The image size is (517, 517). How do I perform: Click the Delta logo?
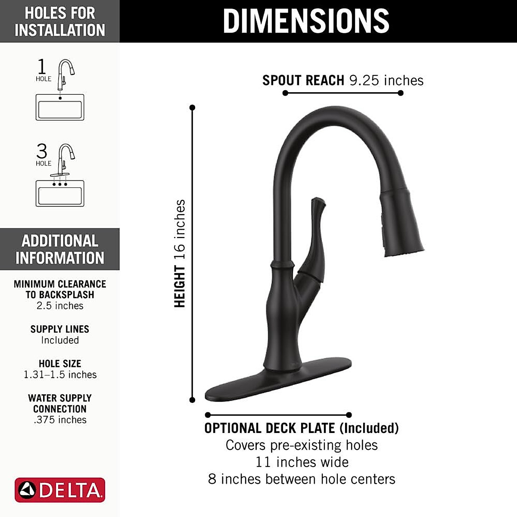click(60, 490)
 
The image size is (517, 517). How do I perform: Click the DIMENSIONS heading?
click(306, 21)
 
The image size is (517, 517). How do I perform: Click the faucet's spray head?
click(402, 224)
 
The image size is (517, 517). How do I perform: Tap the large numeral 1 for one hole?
click(42, 67)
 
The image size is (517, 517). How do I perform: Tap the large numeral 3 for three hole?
click(42, 151)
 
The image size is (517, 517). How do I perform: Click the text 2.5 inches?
click(60, 306)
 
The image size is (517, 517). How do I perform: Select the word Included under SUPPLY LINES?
click(60, 340)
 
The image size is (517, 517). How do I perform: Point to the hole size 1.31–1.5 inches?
click(60, 375)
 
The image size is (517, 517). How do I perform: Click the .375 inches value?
click(60, 420)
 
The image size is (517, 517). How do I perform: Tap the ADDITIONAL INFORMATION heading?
click(60, 249)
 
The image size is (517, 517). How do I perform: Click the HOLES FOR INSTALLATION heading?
click(60, 21)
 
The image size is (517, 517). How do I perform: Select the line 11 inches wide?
click(302, 462)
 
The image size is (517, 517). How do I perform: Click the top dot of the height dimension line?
click(192, 107)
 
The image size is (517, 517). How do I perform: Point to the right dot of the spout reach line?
click(401, 93)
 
